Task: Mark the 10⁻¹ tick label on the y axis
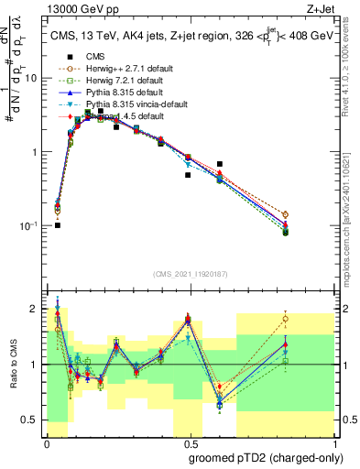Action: tap(33, 224)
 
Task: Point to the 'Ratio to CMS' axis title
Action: tap(13, 365)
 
